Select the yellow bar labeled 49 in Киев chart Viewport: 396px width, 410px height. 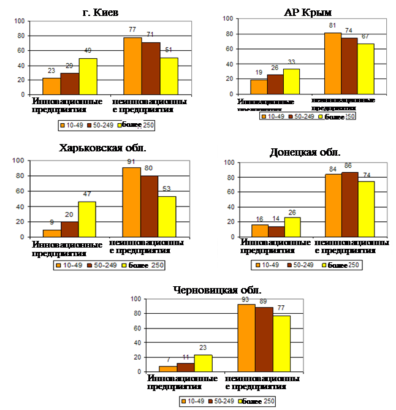point(88,77)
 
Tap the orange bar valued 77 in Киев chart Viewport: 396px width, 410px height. point(132,66)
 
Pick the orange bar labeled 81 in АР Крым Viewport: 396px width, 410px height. point(332,64)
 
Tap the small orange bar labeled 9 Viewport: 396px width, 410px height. point(51,233)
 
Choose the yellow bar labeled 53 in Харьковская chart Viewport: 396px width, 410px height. point(167,217)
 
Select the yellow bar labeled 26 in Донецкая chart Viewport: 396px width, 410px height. point(292,227)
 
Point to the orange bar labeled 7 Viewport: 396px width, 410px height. point(167,369)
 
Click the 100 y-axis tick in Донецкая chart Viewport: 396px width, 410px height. point(229,162)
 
